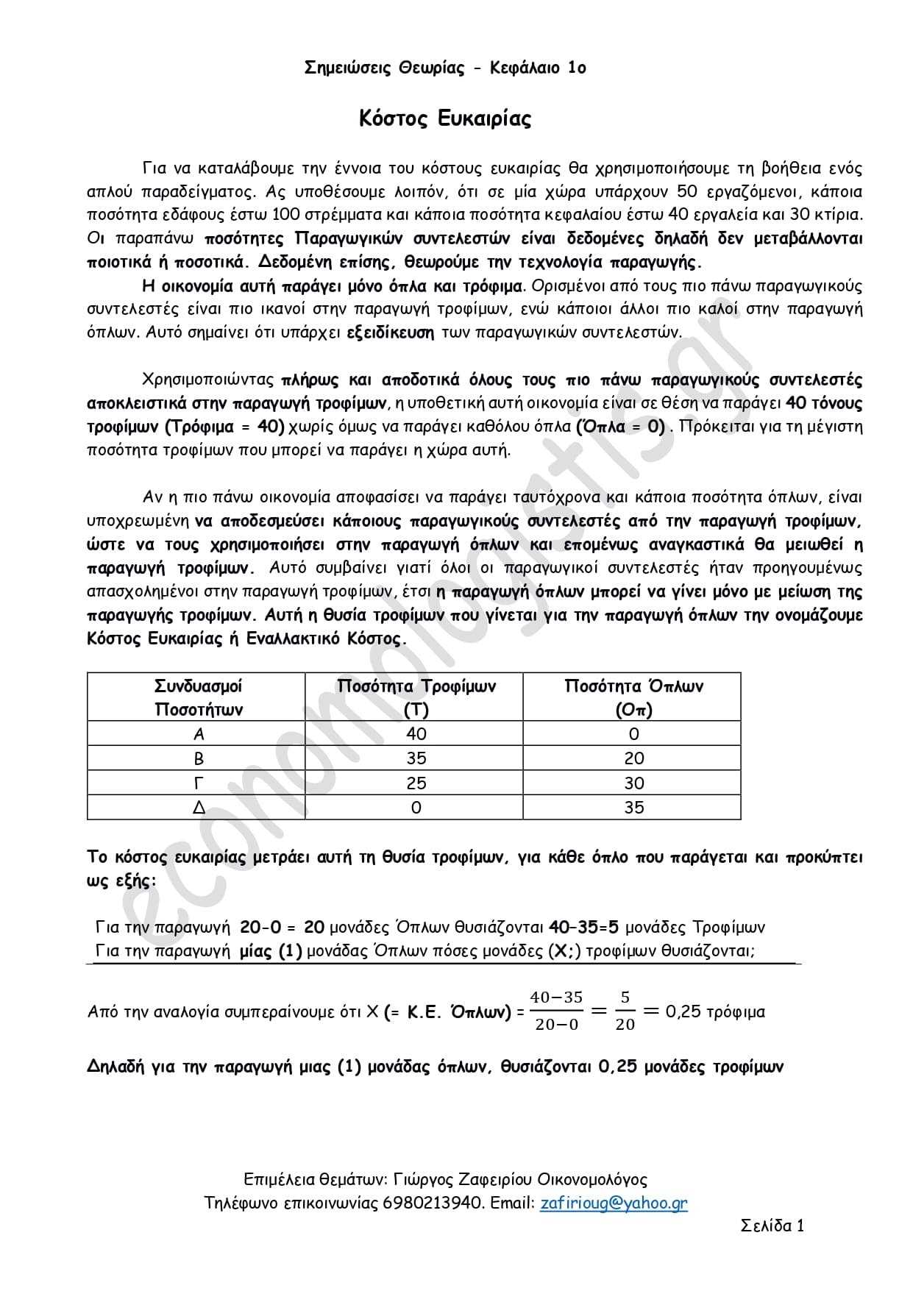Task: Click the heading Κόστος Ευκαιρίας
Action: click(445, 118)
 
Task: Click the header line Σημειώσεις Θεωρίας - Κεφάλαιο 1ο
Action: click(445, 68)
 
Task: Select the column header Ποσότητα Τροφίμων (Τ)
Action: click(416, 697)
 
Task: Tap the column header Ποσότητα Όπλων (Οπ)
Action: click(633, 697)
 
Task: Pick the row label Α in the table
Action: click(198, 733)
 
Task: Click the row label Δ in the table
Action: click(198, 808)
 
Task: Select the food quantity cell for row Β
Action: click(416, 758)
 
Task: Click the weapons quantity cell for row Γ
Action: click(633, 783)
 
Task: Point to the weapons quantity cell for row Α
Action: click(633, 733)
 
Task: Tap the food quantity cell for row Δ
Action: click(416, 808)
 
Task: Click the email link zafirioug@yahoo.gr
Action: click(614, 1203)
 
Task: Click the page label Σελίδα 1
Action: click(772, 1226)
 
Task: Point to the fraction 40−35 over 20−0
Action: click(556, 1011)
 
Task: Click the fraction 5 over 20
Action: click(625, 1011)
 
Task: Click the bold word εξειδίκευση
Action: click(391, 332)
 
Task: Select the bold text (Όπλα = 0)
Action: click(621, 427)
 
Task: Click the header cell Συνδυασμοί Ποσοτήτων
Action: click(198, 697)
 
